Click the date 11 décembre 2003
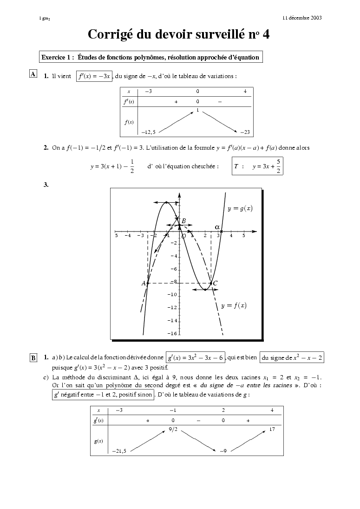[x=302, y=18]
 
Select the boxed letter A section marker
[x=33, y=74]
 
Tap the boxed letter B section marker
[x=33, y=357]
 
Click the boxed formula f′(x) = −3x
[x=94, y=76]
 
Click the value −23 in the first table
[x=245, y=132]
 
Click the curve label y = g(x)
[x=240, y=209]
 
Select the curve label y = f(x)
[x=234, y=305]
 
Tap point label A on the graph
[x=144, y=283]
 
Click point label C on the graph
[x=215, y=283]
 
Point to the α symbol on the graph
[x=217, y=227]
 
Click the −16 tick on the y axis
[x=172, y=333]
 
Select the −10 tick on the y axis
[x=172, y=295]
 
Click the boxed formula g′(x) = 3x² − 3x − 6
[x=195, y=357]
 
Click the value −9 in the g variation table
[x=223, y=451]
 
